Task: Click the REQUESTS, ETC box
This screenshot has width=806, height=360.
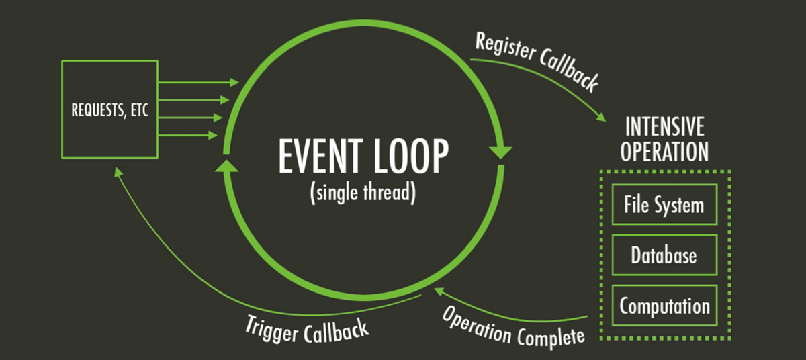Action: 109,109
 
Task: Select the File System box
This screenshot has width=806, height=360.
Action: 664,204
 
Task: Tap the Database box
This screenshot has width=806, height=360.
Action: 664,255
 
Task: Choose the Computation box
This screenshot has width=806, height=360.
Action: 664,306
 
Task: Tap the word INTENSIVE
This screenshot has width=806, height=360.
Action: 664,126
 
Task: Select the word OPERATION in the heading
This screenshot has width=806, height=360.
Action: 664,151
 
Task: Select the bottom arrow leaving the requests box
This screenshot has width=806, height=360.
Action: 188,135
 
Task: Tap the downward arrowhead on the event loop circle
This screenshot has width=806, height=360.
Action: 501,152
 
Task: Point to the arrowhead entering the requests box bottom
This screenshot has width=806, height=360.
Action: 119,173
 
